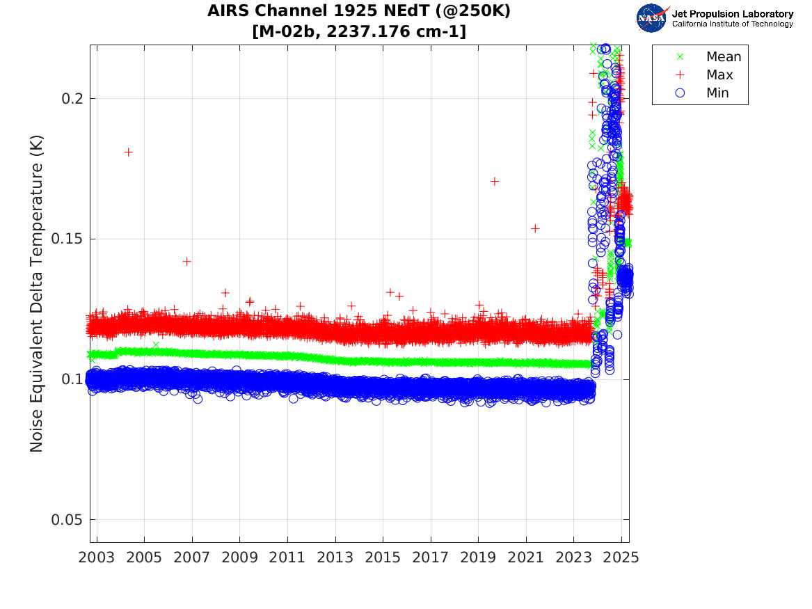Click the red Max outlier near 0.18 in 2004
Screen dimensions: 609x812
coord(128,152)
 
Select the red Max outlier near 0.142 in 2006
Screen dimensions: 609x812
coord(186,261)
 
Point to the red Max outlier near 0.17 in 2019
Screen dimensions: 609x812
coord(494,181)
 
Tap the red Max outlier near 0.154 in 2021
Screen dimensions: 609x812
coord(535,228)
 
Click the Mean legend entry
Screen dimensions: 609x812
coord(723,57)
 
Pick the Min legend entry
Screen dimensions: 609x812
coord(717,93)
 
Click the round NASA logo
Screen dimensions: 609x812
coord(651,18)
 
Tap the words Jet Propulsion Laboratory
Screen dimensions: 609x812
coord(732,14)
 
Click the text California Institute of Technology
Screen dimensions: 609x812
coord(732,24)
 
